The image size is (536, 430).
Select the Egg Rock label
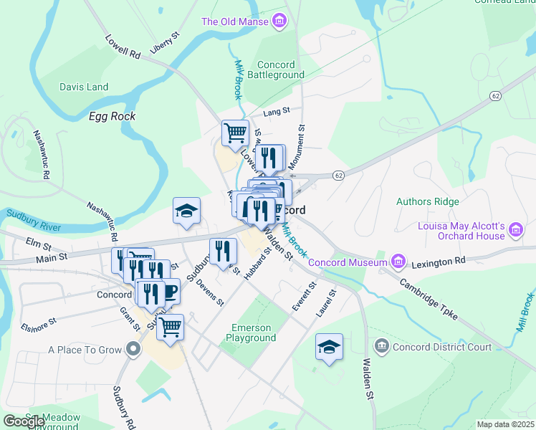pos(112,116)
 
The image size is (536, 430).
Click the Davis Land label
pos(84,87)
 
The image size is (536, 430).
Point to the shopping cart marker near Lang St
pos(234,133)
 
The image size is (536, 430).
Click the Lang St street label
pos(276,111)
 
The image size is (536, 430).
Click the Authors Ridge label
pos(427,201)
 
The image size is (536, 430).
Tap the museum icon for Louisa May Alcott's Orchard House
pos(515,230)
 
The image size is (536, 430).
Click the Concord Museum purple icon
pos(398,262)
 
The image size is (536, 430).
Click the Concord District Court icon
pos(381,347)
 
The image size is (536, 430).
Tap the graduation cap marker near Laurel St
pos(330,347)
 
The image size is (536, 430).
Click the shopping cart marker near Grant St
pos(170,327)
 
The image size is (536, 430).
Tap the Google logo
pos(24,421)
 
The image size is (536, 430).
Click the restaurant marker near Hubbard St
pos(223,251)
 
